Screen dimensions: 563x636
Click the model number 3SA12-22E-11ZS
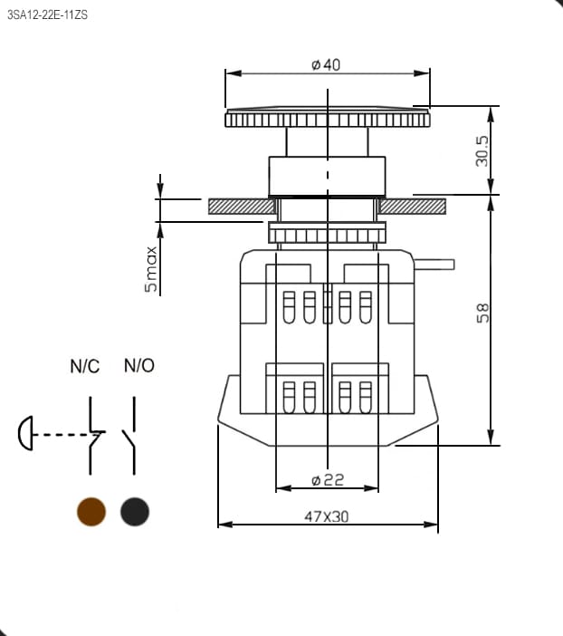point(47,15)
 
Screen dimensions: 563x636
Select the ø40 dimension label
point(326,64)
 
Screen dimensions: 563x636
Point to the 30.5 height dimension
point(482,151)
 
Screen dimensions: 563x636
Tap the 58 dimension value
point(482,313)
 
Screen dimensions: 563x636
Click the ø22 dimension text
point(328,480)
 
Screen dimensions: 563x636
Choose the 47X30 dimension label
point(326,516)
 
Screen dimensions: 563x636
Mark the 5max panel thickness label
point(151,269)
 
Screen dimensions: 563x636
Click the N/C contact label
point(85,366)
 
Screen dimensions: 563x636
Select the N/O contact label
point(139,365)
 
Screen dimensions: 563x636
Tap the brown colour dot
point(91,512)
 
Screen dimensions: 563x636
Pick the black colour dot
point(135,512)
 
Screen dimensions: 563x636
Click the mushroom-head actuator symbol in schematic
point(25,433)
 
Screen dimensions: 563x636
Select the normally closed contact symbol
point(94,435)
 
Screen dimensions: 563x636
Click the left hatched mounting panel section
point(242,207)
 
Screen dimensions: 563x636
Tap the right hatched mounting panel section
point(413,207)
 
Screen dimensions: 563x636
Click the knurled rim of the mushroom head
point(328,120)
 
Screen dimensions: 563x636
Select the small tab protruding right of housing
point(434,265)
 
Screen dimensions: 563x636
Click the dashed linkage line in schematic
point(65,434)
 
